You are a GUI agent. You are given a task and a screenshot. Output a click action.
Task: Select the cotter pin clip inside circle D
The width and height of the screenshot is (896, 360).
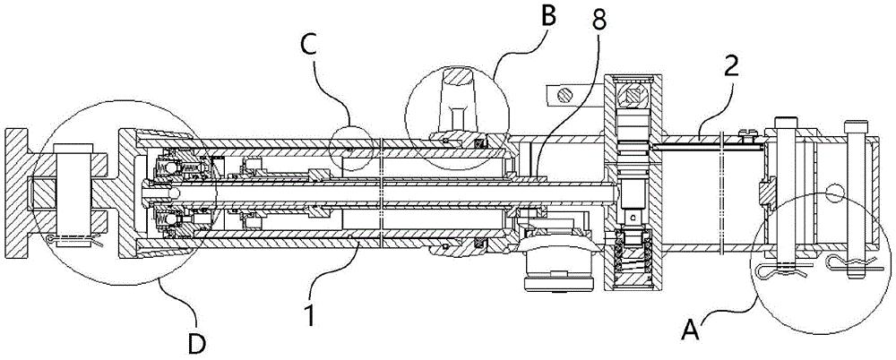tap(76, 240)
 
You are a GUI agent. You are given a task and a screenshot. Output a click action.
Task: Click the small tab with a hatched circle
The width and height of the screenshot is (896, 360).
tap(565, 93)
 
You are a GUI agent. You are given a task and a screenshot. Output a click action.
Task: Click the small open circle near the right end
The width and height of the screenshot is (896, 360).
tap(836, 190)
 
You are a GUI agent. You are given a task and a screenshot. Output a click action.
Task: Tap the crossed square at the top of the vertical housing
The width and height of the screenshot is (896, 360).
tap(637, 93)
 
